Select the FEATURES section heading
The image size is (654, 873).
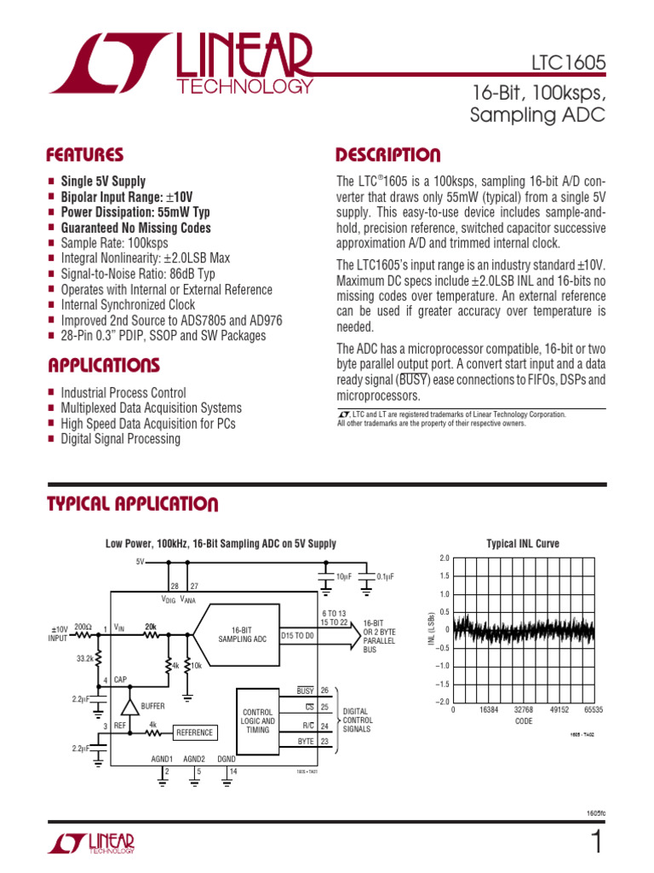(84, 155)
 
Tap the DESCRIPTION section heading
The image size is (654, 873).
(387, 155)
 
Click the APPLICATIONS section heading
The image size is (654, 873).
(103, 367)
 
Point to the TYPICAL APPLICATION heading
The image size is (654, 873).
(132, 504)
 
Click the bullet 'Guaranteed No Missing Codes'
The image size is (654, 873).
(135, 228)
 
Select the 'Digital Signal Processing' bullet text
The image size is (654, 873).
(120, 439)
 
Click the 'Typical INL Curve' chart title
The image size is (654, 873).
(522, 543)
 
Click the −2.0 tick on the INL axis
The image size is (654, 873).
(442, 702)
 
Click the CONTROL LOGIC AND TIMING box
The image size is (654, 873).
(258, 721)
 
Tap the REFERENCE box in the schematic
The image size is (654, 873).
(194, 732)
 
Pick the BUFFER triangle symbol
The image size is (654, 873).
(129, 707)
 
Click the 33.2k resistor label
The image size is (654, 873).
(84, 658)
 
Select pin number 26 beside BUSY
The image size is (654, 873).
(324, 691)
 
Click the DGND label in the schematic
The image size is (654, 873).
(227, 759)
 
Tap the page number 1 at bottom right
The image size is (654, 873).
(595, 843)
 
